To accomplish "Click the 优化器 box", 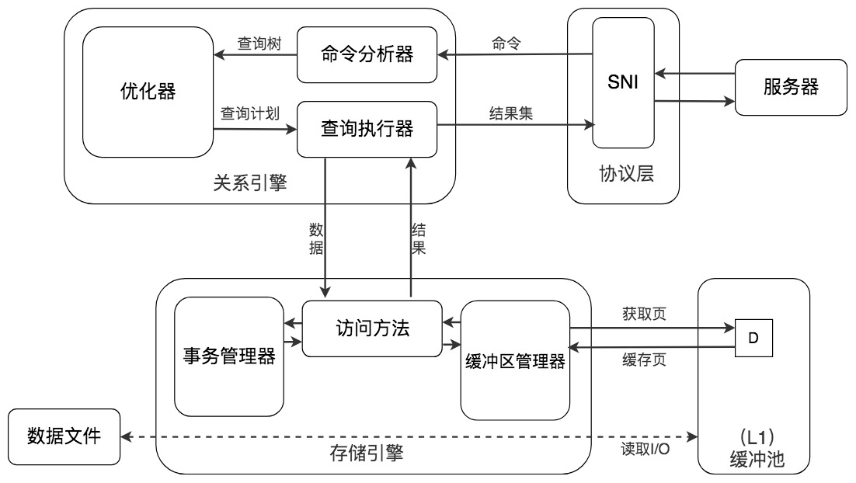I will [x=148, y=92].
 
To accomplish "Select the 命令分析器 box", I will [x=367, y=55].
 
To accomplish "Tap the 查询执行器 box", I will [x=367, y=128].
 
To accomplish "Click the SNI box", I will [x=623, y=83].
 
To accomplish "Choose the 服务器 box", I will [x=791, y=87].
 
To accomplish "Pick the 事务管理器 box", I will [x=228, y=356].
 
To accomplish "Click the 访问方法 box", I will [x=371, y=328].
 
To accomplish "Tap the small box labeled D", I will [x=754, y=340].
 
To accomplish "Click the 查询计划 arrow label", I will [x=251, y=113].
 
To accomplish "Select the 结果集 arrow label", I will [x=510, y=113].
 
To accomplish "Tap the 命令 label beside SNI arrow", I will [x=506, y=43].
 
